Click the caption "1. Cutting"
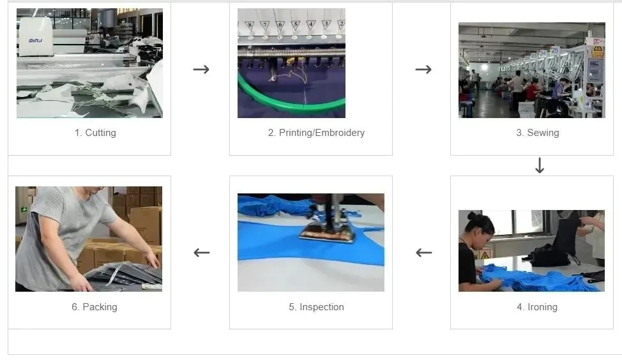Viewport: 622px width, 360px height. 95,133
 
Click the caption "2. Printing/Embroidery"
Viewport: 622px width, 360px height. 316,133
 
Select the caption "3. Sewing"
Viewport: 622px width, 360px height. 538,133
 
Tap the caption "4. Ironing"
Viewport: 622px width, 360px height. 537,307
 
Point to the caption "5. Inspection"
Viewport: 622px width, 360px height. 316,307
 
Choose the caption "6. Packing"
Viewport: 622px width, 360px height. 95,307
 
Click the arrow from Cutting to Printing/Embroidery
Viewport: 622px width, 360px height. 201,69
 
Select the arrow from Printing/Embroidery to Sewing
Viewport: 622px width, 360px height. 423,69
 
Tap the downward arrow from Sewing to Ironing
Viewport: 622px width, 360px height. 540,166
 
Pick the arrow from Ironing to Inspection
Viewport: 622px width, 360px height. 423,253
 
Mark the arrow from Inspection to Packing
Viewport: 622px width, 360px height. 201,253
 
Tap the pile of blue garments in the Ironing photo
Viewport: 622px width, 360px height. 524,278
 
